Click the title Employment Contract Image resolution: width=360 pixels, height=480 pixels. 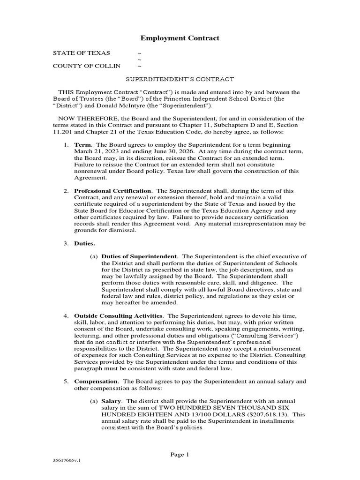[x=180, y=38]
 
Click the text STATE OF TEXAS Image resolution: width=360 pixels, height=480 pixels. [x=82, y=53]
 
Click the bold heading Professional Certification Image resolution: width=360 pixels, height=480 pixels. [x=112, y=191]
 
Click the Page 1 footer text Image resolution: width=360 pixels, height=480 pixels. [x=180, y=454]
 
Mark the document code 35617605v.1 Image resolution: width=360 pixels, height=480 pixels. [x=67, y=461]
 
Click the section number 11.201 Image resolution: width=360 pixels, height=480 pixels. [x=62, y=132]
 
